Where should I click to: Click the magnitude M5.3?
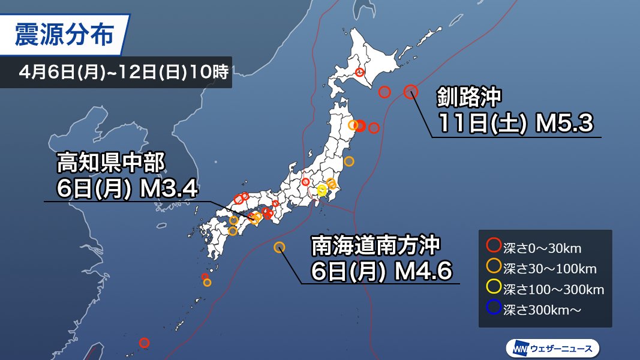point(564,124)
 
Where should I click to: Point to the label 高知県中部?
point(110,162)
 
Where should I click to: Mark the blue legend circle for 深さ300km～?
point(494,309)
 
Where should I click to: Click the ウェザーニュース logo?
point(552,347)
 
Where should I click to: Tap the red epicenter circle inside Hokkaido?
point(360,73)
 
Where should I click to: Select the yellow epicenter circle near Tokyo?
point(322,190)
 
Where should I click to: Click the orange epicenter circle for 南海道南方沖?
point(279,247)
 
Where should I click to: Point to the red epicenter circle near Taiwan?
point(144,343)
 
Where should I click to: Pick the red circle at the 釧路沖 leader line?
point(410,91)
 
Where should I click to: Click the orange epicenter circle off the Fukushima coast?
point(349,161)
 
